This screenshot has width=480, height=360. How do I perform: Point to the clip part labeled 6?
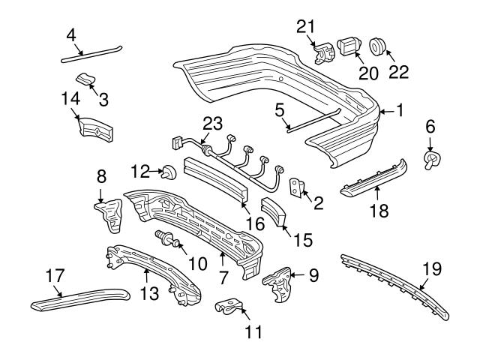pos(433,159)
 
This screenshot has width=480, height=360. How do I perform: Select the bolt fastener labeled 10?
pos(166,240)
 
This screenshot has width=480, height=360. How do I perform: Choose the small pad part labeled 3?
pos(88,79)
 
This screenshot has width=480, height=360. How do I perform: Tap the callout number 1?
pos(400,110)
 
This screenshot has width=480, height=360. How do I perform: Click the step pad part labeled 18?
pos(375,178)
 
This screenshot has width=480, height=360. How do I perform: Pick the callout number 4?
pos(71,34)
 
